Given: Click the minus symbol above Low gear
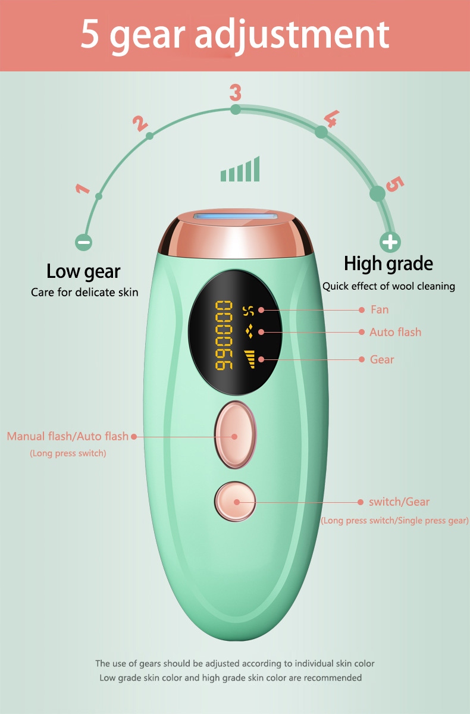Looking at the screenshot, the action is point(84,242).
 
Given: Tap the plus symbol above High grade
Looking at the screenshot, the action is point(390,242).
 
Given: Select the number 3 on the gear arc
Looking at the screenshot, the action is point(236,93).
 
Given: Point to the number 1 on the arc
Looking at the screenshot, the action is point(82,190).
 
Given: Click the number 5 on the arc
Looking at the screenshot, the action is point(393,184).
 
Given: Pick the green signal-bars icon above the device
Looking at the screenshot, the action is point(240,170).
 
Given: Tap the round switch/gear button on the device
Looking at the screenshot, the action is point(236,501).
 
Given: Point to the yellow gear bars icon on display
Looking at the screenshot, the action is point(249,359).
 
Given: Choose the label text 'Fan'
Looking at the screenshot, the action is point(379,309).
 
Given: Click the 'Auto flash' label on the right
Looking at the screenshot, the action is point(395,332).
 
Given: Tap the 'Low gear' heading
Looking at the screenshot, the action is point(83,272).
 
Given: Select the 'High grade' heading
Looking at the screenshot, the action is point(388,263).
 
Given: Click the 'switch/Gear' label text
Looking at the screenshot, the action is point(399,502).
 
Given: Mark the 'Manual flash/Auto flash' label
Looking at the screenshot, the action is point(67,436).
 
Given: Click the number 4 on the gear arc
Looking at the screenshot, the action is point(330,119).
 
